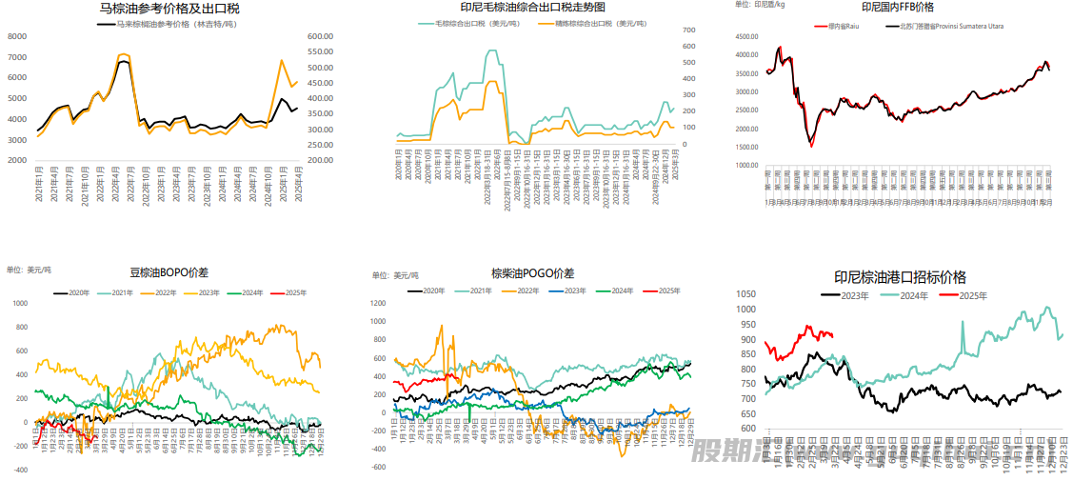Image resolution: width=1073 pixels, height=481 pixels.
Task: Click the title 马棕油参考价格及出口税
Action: tap(170, 9)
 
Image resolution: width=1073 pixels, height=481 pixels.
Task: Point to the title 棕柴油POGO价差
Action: tap(532, 272)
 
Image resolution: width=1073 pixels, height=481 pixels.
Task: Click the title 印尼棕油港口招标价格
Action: tap(900, 277)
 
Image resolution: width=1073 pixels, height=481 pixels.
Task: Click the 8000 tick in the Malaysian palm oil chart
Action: tap(16, 36)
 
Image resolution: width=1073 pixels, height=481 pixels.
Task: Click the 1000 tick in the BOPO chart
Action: tap(19, 303)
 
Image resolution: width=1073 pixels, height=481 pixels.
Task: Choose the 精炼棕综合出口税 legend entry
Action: tap(585, 22)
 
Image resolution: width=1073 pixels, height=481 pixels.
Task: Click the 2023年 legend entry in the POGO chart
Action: tap(569, 291)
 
